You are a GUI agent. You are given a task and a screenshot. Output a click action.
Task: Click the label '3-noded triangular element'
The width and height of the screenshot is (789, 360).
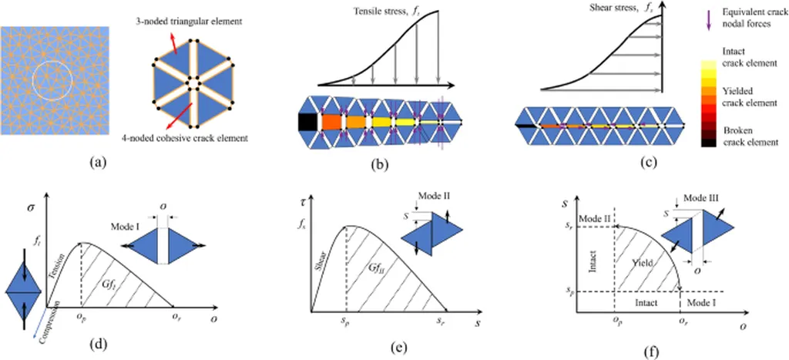click(x=193, y=22)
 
